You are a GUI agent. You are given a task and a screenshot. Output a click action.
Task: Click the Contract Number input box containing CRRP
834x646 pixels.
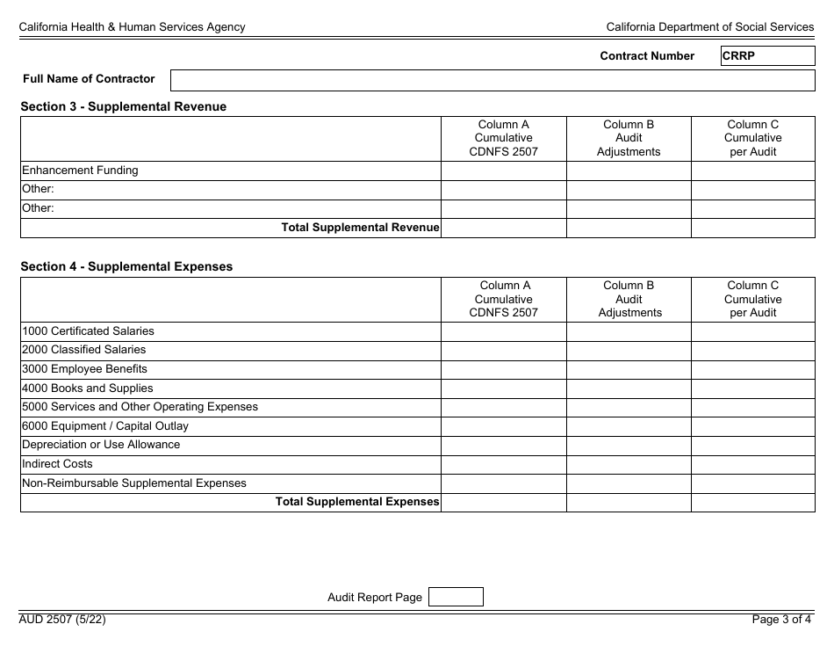pyautogui.click(x=767, y=56)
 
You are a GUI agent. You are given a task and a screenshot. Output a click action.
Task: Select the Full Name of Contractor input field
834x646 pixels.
pyautogui.click(x=492, y=80)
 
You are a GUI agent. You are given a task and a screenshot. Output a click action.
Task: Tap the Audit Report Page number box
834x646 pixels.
pyautogui.click(x=456, y=598)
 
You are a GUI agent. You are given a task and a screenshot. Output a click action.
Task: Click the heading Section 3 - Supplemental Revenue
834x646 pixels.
pyautogui.click(x=123, y=106)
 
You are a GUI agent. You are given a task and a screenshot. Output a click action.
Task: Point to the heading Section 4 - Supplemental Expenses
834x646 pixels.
pyautogui.click(x=126, y=266)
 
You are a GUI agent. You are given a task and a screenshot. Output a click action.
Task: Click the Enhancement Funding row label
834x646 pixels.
pyautogui.click(x=80, y=171)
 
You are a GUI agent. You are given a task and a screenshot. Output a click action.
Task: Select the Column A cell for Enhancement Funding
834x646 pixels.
pyautogui.click(x=503, y=171)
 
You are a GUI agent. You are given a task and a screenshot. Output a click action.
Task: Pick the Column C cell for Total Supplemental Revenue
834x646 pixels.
pyautogui.click(x=752, y=228)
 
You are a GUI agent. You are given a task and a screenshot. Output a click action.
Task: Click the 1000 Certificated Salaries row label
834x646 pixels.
pyautogui.click(x=88, y=331)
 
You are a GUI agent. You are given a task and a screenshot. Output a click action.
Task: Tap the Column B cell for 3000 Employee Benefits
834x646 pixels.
pyautogui.click(x=629, y=369)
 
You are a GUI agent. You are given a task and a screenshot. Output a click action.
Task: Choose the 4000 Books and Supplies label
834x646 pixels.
pyautogui.click(x=87, y=388)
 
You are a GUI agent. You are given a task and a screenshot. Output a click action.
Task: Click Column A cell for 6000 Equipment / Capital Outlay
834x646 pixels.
pyautogui.click(x=503, y=426)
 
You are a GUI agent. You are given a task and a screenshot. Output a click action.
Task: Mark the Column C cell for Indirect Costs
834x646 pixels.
pyautogui.click(x=752, y=464)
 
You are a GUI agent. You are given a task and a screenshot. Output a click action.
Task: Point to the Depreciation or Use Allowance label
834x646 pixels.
pyautogui.click(x=101, y=445)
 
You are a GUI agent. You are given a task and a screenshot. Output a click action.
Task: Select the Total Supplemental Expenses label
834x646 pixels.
pyautogui.click(x=357, y=502)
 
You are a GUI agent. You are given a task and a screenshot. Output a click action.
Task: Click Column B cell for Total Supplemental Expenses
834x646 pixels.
pyautogui.click(x=629, y=502)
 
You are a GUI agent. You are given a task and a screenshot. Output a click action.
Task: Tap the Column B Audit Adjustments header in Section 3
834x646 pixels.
pyautogui.click(x=629, y=138)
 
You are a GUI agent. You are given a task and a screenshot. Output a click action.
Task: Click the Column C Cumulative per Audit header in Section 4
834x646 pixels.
pyautogui.click(x=752, y=299)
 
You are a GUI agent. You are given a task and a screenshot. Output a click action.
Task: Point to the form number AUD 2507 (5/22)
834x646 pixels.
pyautogui.click(x=62, y=620)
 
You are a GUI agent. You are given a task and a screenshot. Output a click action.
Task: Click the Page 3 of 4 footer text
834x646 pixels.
pyautogui.click(x=781, y=620)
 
